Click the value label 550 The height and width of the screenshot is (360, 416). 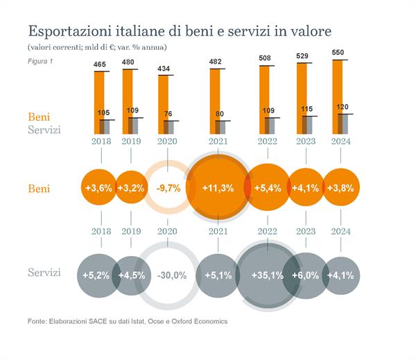click(x=338, y=53)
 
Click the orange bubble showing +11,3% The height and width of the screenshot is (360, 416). click(x=217, y=188)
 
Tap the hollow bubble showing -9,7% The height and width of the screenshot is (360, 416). click(x=167, y=188)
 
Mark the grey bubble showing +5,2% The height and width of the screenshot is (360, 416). click(x=96, y=275)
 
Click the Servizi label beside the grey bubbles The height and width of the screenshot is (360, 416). click(x=44, y=273)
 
